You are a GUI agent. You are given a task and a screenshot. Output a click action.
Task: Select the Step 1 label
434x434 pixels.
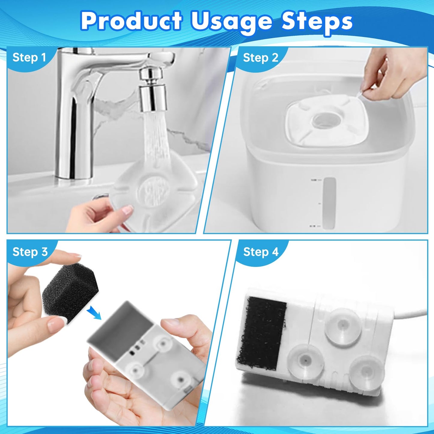29,57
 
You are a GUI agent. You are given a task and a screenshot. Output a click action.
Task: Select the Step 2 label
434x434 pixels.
261,57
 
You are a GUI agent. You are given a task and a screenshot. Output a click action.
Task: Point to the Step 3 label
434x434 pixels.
30,252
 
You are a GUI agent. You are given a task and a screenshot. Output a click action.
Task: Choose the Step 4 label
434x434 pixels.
261,252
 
